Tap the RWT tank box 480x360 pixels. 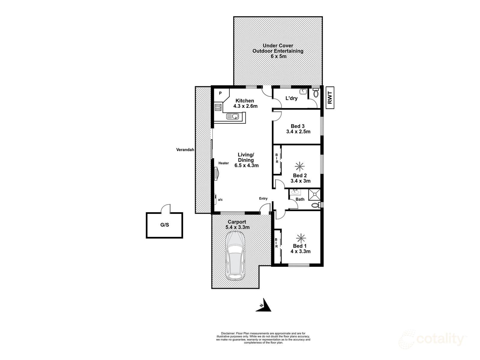(x=330, y=98)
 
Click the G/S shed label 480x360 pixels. (x=165, y=225)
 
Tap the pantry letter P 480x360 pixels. (x=220, y=93)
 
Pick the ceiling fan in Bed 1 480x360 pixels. (x=301, y=238)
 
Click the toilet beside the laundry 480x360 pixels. (x=316, y=93)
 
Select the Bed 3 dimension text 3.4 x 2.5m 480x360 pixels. (x=298, y=132)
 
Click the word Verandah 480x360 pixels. (x=185, y=150)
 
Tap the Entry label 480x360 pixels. (x=263, y=199)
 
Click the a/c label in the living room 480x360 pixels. (x=220, y=199)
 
